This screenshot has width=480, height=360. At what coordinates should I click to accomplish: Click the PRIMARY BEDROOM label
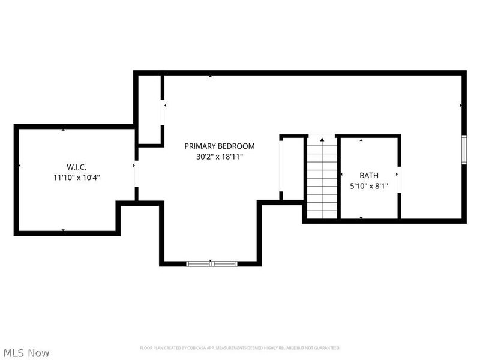[x=219, y=146]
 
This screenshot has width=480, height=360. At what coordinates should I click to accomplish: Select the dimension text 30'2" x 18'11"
[x=219, y=157]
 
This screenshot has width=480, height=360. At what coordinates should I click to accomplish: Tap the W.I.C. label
[x=76, y=166]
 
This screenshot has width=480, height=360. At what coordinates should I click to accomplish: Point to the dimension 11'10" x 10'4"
[x=76, y=177]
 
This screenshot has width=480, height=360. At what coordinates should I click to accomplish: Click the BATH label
[x=369, y=175]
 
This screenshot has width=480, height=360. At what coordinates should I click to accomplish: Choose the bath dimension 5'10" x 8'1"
[x=369, y=186]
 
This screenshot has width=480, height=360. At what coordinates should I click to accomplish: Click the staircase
[x=322, y=180]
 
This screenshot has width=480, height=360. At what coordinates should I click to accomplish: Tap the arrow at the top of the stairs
[x=322, y=140]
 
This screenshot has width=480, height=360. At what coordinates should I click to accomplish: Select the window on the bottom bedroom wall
[x=211, y=263]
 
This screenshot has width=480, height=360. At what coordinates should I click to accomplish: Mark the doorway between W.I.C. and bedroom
[x=136, y=174]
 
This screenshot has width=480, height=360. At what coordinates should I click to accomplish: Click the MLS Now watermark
[x=26, y=353]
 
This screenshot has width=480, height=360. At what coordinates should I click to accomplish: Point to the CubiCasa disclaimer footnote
[x=240, y=348]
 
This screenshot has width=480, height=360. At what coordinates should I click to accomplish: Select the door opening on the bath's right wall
[x=398, y=174]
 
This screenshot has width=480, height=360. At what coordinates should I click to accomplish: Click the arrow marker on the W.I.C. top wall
[x=64, y=129]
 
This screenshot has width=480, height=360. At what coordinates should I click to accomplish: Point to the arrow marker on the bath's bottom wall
[x=361, y=217]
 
